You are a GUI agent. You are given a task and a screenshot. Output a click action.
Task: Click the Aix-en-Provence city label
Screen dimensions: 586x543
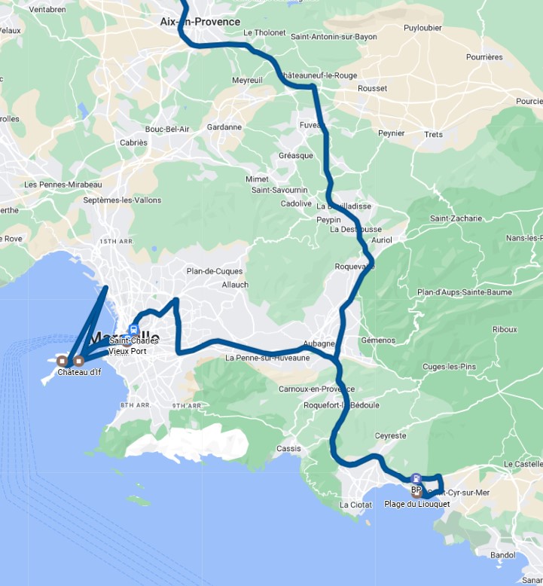[x=200, y=22]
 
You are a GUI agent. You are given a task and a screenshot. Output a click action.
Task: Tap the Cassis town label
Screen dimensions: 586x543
[x=288, y=449]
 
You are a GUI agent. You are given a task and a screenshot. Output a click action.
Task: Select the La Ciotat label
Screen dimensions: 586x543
[x=355, y=505]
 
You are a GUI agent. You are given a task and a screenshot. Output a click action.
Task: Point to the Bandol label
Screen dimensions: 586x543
[x=502, y=554]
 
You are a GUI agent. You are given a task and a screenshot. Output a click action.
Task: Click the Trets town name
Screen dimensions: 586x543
[x=434, y=134]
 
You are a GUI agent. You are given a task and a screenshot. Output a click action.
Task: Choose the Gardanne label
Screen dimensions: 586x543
[x=224, y=127]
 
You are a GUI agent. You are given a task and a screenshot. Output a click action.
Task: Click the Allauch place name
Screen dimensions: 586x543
[x=235, y=285]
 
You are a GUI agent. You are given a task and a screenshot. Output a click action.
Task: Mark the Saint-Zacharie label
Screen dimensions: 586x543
[x=456, y=218]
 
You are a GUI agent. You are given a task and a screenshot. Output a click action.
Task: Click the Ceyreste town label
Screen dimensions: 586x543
[x=391, y=435]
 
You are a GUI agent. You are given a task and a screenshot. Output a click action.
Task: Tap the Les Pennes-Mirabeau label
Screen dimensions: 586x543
[x=63, y=185]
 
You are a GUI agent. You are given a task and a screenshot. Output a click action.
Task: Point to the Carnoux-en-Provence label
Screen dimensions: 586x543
[x=316, y=389]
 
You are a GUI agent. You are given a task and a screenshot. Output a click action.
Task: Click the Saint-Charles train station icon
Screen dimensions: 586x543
[x=133, y=329]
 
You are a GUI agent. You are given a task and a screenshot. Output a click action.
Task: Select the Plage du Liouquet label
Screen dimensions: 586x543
[x=416, y=504]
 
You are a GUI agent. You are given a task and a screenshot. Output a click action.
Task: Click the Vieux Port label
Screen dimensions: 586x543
[x=127, y=351]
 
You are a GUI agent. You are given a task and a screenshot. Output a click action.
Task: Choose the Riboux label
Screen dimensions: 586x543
[x=505, y=329]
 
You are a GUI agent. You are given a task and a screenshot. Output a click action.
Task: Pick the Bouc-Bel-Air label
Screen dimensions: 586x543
[x=167, y=129]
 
